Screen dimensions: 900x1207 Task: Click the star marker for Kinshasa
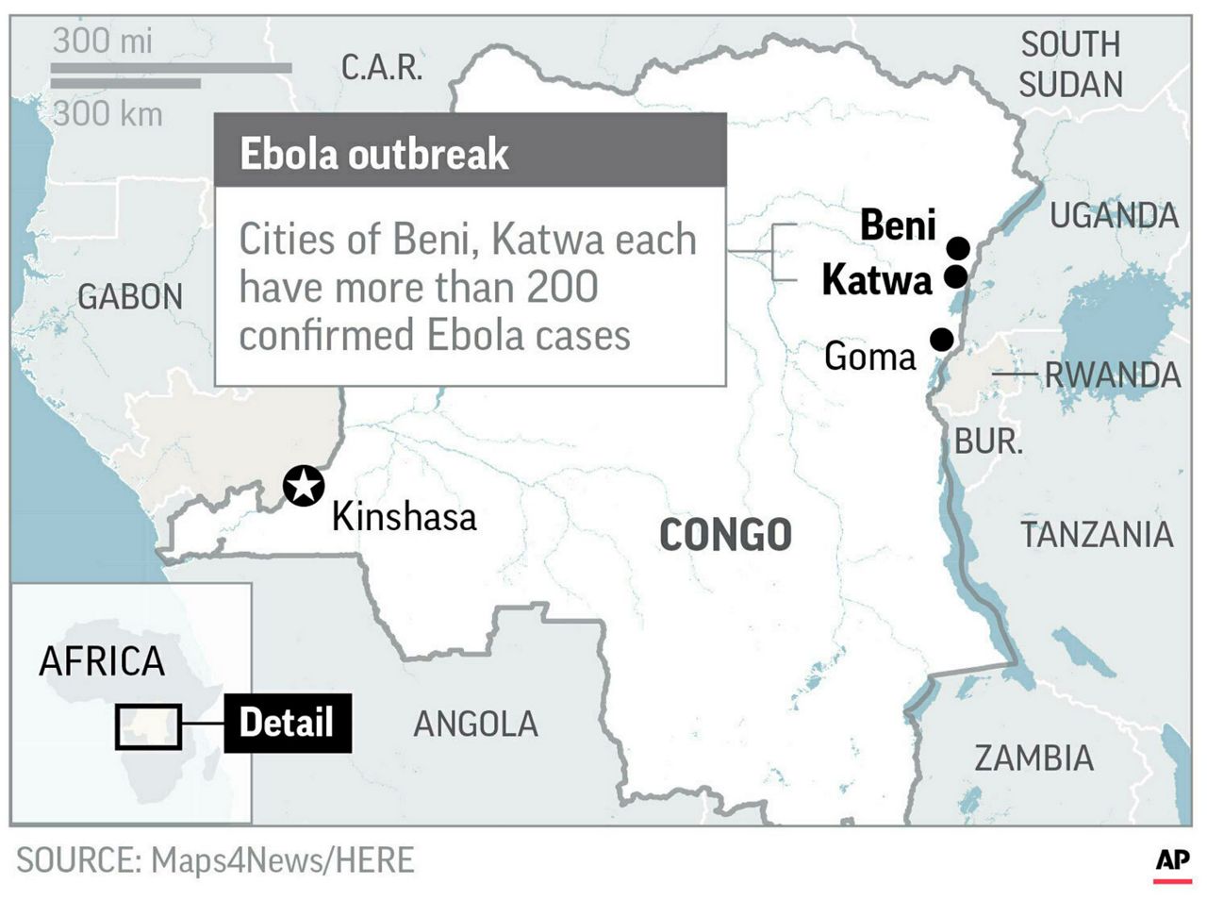(305, 487)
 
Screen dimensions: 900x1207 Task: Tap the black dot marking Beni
(959, 248)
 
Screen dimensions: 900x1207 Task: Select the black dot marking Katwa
(954, 276)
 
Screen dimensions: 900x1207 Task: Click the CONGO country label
(725, 535)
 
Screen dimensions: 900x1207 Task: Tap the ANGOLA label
(475, 724)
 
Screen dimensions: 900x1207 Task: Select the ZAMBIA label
(1033, 758)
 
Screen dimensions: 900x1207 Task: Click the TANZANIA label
(1097, 535)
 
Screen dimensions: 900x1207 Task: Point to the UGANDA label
(1114, 216)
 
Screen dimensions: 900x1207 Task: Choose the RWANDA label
(1113, 375)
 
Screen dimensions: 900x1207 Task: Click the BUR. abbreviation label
(988, 442)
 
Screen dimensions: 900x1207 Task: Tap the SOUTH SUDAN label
(1070, 64)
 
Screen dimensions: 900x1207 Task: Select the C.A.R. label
(382, 68)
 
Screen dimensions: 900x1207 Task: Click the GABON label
(130, 297)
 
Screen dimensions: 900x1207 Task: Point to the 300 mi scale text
(102, 42)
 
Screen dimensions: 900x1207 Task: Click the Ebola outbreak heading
(374, 154)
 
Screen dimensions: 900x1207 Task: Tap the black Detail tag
(287, 723)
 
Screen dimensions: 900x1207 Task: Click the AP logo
(1172, 860)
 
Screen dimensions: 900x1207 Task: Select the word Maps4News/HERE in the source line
(282, 860)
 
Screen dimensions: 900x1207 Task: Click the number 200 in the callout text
(562, 288)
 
